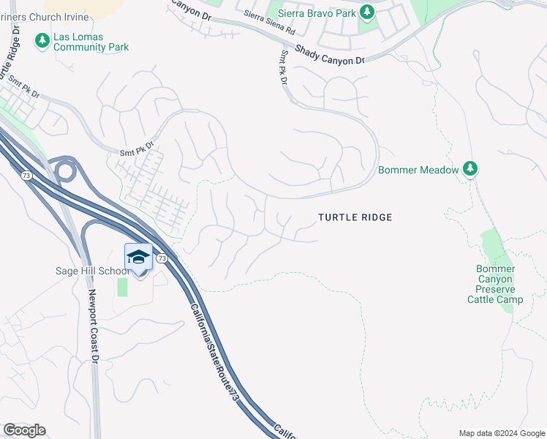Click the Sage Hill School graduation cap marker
pyautogui.click(x=139, y=257)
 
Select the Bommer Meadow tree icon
pyautogui.click(x=470, y=170)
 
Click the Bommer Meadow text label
pyautogui.click(x=418, y=170)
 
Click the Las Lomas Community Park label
pyautogui.click(x=91, y=42)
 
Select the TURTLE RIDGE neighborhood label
pyautogui.click(x=355, y=217)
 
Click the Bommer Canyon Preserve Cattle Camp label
pyautogui.click(x=495, y=284)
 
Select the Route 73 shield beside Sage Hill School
pyautogui.click(x=162, y=259)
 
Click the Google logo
pyautogui.click(x=24, y=430)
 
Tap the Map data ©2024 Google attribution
pyautogui.click(x=501, y=433)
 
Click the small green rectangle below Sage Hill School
pyautogui.click(x=122, y=287)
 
